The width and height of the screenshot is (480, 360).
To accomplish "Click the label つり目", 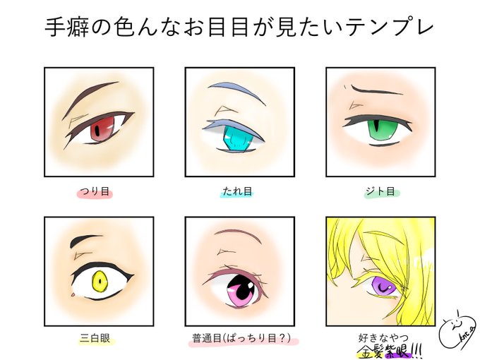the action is tap(99, 191).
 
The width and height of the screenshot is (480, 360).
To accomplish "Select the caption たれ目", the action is tap(239, 191).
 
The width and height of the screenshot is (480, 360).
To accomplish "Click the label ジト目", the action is tap(380, 191).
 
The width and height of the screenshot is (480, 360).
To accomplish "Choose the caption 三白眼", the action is tap(99, 338).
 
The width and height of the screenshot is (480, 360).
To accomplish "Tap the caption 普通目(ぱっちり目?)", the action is tap(241, 338).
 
